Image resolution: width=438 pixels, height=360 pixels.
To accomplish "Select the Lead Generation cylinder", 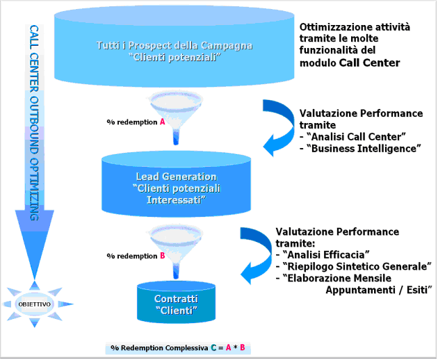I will tap(176, 186).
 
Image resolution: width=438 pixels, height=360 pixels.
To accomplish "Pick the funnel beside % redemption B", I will tap(176, 243).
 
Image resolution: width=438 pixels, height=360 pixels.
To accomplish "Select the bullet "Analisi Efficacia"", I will tap(325, 255).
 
